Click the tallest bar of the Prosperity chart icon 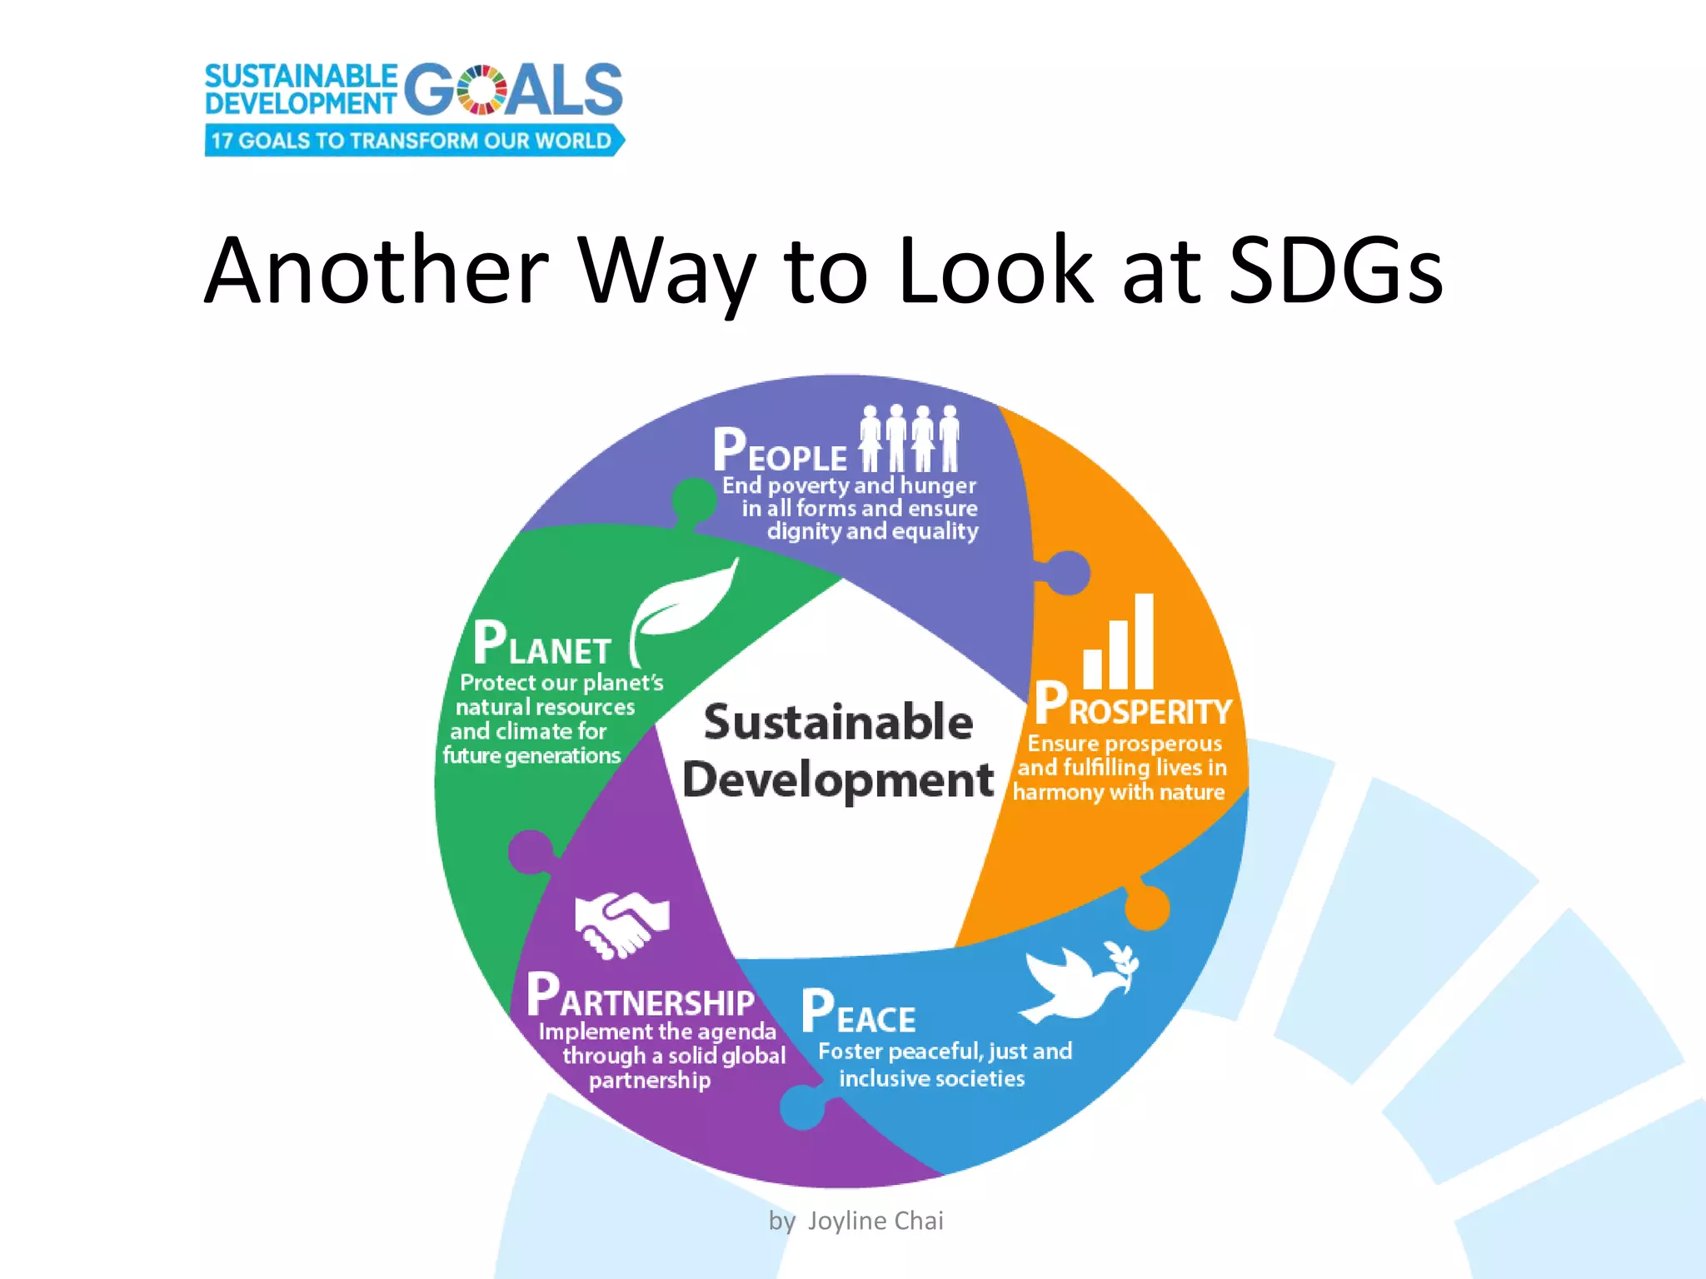[1144, 641]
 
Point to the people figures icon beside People [910, 438]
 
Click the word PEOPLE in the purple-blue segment [780, 451]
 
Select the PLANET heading [542, 644]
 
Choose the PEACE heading [858, 1013]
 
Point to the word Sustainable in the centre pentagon [838, 722]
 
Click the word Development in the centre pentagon [838, 780]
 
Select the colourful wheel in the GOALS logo [481, 90]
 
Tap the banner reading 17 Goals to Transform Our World [413, 141]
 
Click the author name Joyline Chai [875, 1221]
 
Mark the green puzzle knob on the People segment [693, 500]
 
